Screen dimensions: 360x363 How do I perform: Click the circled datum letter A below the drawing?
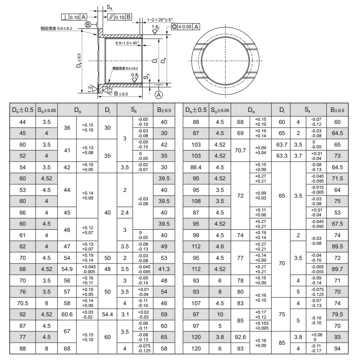158,94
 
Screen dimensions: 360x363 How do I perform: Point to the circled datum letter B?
88,24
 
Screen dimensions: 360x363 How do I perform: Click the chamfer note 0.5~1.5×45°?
127,43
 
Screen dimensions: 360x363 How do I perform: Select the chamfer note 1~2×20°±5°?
160,20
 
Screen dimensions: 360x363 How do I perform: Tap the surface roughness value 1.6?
155,27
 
